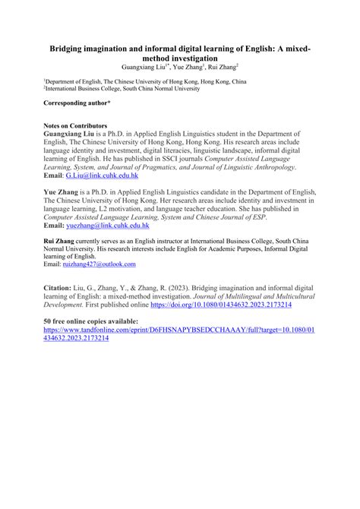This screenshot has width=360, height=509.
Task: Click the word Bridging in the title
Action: click(x=69, y=48)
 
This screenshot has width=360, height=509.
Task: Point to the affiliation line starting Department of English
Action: click(x=144, y=79)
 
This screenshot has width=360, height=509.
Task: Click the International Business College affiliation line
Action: click(x=131, y=87)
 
